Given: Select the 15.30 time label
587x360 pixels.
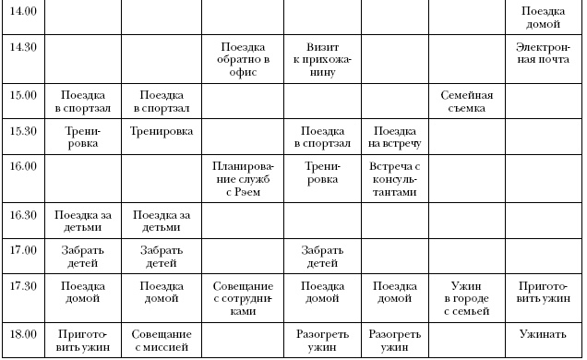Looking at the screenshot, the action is [23, 130].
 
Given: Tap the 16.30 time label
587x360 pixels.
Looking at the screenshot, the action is [23, 214].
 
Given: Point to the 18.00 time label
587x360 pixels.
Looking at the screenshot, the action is [23, 333].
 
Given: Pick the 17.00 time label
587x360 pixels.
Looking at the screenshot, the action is [23, 249].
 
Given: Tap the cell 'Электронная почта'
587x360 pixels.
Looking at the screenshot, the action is [544, 53].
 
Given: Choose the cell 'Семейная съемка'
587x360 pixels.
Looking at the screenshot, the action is [467, 102].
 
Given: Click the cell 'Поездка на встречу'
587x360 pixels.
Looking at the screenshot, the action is [394, 137].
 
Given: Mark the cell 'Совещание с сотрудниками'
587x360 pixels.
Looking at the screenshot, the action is [244, 298].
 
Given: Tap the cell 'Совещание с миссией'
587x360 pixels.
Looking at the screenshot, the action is [162, 340].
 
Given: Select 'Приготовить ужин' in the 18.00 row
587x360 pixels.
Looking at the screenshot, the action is [82, 340].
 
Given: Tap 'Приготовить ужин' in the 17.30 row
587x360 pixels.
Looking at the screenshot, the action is [544, 292].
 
